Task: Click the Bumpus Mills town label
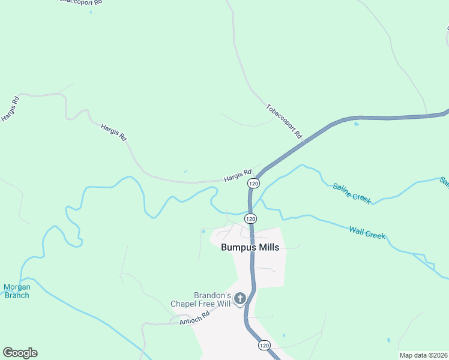pyautogui.click(x=250, y=247)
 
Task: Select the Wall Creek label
pyautogui.click(x=367, y=232)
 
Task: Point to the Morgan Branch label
pyautogui.click(x=17, y=290)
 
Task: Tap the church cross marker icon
pyautogui.click(x=240, y=298)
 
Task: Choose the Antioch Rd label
pyautogui.click(x=194, y=318)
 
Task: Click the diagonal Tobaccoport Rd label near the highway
pyautogui.click(x=283, y=119)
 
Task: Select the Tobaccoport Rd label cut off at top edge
pyautogui.click(x=79, y=2)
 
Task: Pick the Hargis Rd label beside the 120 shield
pyautogui.click(x=237, y=176)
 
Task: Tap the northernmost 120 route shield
pyautogui.click(x=254, y=183)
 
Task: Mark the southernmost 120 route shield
pyautogui.click(x=264, y=346)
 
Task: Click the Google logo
pyautogui.click(x=20, y=353)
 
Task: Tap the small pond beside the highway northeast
pyautogui.click(x=356, y=124)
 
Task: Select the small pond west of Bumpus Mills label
pyautogui.click(x=203, y=231)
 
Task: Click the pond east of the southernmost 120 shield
pyautogui.click(x=283, y=335)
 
